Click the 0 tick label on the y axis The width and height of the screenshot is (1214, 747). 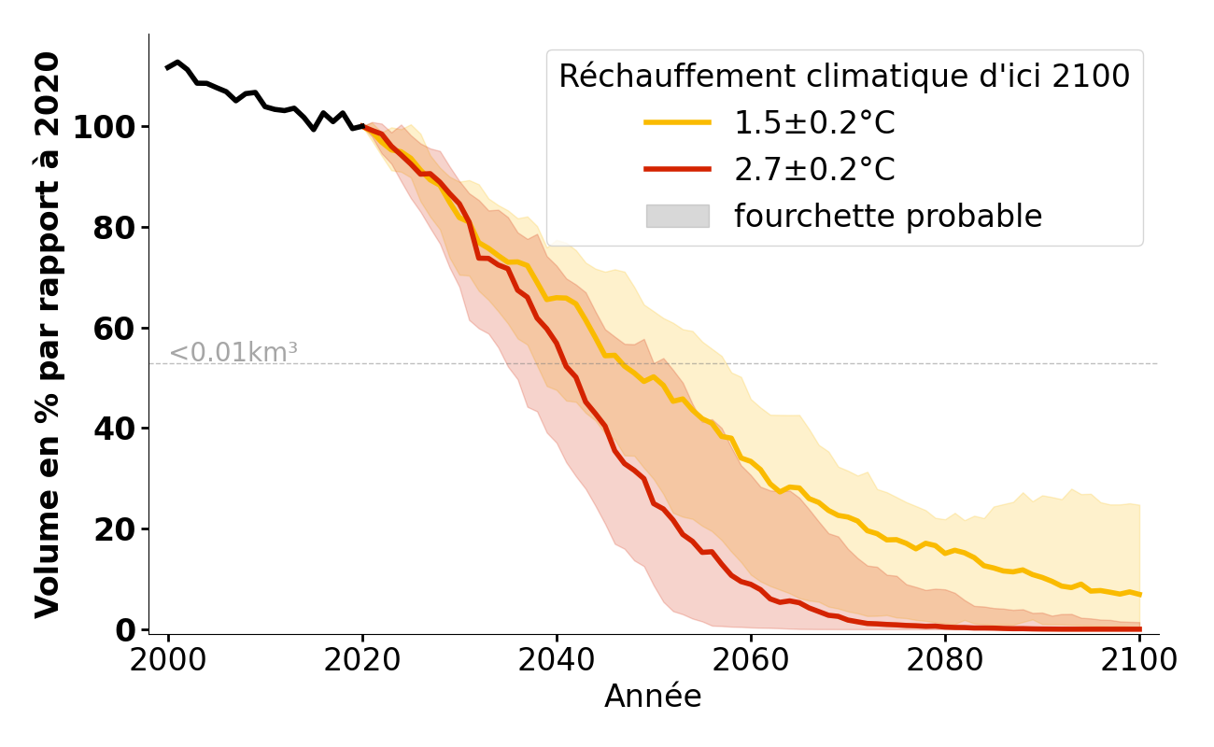(x=126, y=630)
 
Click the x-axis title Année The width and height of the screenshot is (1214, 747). (x=653, y=697)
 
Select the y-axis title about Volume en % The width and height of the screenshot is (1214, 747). (x=48, y=334)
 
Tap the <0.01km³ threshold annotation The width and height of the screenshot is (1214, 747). (x=233, y=353)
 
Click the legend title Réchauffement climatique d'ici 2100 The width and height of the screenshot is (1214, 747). (x=844, y=77)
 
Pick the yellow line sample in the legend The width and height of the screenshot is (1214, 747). (x=677, y=122)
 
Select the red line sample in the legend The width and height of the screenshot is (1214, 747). (x=677, y=169)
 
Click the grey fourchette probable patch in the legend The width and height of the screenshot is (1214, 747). (x=677, y=216)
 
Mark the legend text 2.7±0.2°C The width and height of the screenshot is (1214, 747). (x=814, y=169)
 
